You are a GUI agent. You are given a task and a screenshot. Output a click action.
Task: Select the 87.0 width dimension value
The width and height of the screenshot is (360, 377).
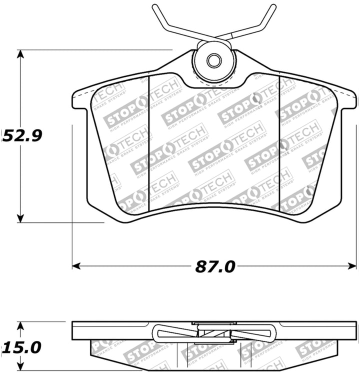pos(214,266)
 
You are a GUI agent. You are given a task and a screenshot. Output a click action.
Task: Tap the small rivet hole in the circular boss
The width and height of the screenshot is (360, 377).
pos(214,60)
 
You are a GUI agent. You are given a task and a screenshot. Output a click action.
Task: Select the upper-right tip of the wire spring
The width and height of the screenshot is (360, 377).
pos(273,7)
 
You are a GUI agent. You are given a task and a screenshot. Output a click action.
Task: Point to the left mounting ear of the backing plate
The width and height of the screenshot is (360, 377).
pos(80,100)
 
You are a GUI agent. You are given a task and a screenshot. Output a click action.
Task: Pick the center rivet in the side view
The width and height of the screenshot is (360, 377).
pos(214,333)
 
